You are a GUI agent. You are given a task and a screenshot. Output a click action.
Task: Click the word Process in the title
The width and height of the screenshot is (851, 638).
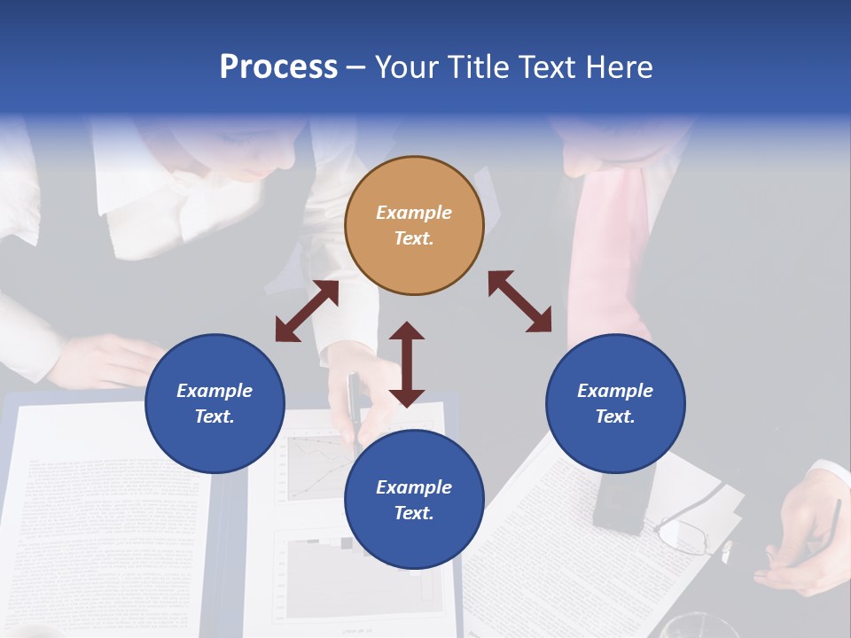pos(278,67)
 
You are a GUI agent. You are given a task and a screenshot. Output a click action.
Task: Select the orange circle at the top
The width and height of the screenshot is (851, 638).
pos(414,225)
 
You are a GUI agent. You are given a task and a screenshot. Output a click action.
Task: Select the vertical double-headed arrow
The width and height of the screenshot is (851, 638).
pos(407,365)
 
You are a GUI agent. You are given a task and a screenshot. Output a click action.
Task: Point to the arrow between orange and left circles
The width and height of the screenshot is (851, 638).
pos(307,311)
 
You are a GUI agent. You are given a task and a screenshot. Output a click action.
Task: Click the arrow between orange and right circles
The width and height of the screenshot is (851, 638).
pos(519,301)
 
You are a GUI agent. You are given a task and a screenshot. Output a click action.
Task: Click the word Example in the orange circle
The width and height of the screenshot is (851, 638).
pos(414,213)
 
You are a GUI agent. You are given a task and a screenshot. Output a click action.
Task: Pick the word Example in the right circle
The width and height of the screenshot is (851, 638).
pos(615,391)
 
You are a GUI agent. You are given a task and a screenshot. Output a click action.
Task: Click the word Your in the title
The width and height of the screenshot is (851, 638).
pos(402,67)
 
